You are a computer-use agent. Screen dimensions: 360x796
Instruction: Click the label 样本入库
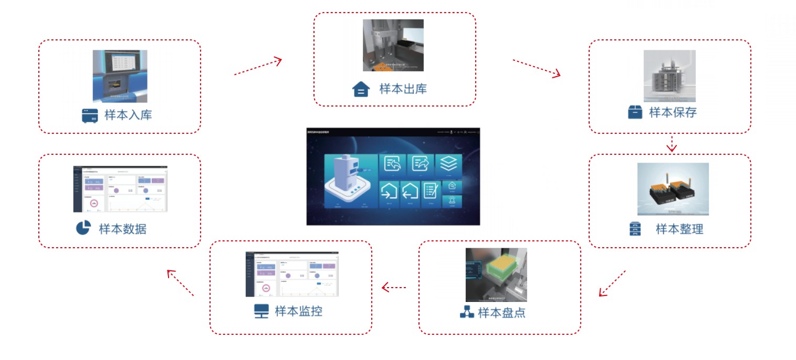(128, 115)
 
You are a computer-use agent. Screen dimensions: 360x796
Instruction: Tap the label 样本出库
(403, 89)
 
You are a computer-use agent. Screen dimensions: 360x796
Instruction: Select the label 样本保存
(673, 112)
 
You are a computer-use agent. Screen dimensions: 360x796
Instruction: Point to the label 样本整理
(679, 229)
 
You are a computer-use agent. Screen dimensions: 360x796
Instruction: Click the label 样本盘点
(501, 313)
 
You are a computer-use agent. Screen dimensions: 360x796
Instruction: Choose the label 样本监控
(298, 311)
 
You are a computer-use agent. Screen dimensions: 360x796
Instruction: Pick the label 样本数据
(122, 229)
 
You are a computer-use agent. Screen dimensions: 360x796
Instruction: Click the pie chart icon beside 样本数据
(83, 228)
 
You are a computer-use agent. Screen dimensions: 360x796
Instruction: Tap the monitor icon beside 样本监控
(261, 311)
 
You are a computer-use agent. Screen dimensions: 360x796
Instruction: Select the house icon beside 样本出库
(361, 89)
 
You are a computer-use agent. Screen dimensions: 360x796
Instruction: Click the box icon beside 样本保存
(635, 112)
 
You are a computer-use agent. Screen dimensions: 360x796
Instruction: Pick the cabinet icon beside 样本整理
(635, 229)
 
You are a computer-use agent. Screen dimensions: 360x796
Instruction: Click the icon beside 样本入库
(90, 115)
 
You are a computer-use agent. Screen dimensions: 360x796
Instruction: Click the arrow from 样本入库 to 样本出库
(258, 67)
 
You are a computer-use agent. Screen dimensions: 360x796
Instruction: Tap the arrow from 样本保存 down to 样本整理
(672, 143)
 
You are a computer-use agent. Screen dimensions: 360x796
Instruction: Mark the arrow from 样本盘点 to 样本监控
(394, 287)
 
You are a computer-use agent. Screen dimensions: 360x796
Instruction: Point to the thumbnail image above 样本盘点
(496, 274)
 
